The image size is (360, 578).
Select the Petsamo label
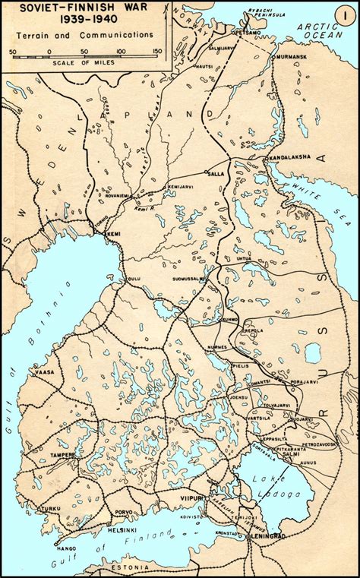(x=248, y=33)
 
